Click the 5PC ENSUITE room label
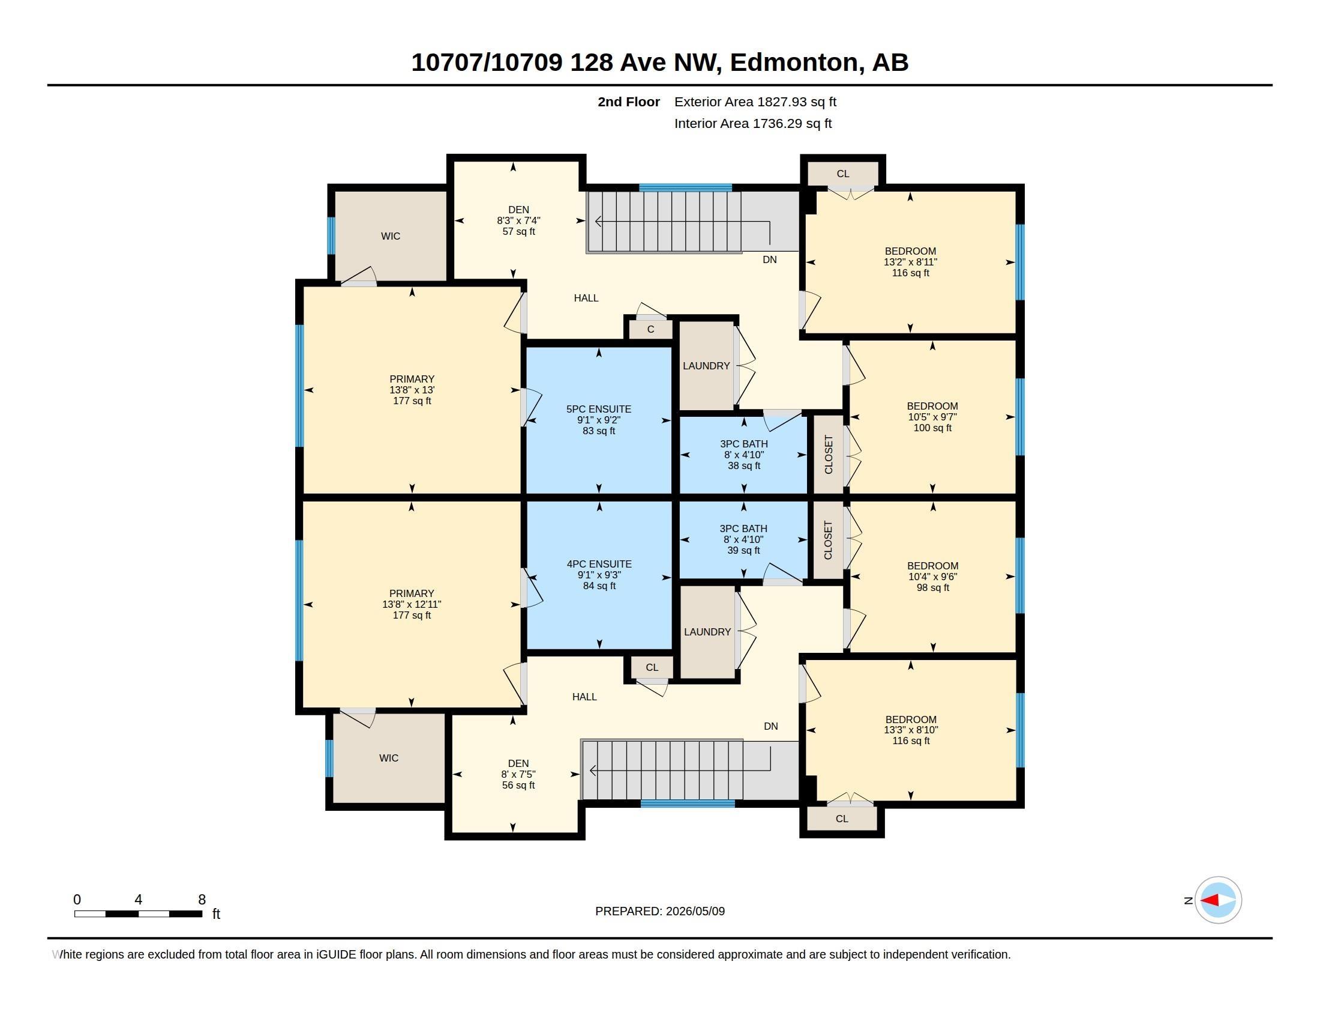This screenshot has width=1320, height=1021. pos(598,410)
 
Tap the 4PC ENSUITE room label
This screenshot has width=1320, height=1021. pos(599,565)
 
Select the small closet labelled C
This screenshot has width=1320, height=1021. pos(650,330)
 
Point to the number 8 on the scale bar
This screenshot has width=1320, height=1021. pos(202,900)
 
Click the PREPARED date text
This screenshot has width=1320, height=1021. pos(660,911)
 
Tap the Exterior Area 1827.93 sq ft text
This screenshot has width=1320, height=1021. pos(755,102)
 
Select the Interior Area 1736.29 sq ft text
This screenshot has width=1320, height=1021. pos(753,123)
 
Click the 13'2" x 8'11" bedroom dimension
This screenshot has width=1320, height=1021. pos(910,262)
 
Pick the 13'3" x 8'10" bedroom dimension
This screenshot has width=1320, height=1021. pos(911,730)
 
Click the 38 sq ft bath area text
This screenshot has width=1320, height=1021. pos(744,465)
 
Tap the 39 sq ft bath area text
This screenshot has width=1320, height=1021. pos(743,550)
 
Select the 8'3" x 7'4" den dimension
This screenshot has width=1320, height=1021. pos(518,221)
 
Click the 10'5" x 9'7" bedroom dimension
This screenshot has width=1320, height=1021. pos(932,417)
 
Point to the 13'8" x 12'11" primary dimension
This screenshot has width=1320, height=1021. pos(412,604)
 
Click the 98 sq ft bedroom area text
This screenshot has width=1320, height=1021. pos(932,587)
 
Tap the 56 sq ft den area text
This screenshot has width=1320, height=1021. pos(518,785)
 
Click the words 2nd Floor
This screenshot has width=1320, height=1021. pos(629,102)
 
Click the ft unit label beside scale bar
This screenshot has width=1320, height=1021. pos(216,914)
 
